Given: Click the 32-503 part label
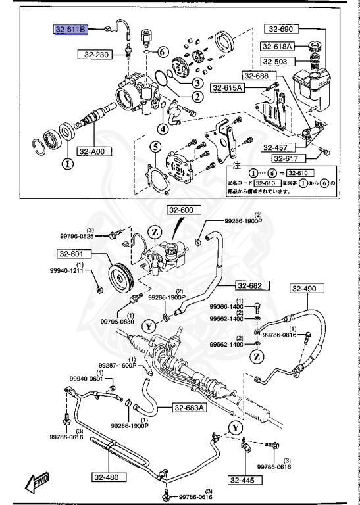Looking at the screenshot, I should pyautogui.click(x=276, y=61).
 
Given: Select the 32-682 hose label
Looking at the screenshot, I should pyautogui.click(x=250, y=285).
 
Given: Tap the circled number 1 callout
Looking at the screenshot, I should pyautogui.click(x=66, y=164).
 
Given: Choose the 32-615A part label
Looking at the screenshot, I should pyautogui.click(x=227, y=87).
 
